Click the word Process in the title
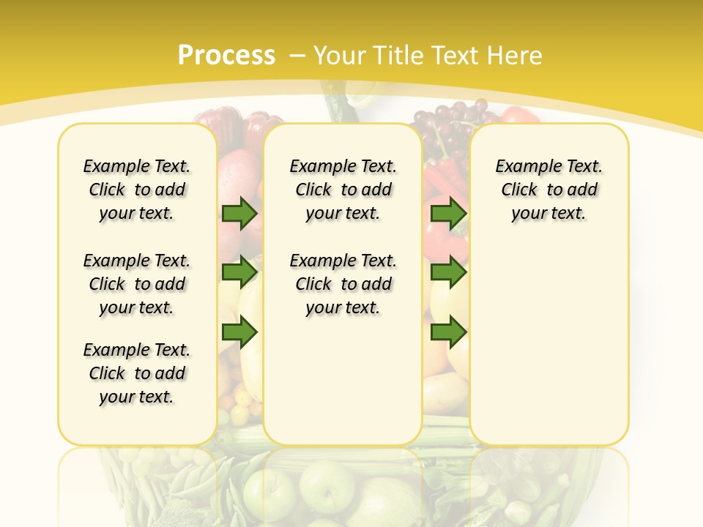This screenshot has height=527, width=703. pos(226,56)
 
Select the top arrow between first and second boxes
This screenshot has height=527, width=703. pos(239,214)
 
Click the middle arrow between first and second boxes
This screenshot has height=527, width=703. pos(239,272)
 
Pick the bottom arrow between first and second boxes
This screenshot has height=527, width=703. pos(239,332)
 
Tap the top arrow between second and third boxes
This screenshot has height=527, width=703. pos(448,214)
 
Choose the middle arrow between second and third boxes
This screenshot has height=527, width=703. pos(448,272)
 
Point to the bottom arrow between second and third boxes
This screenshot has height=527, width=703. pos(448,332)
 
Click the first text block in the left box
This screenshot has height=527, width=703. pos(137,190)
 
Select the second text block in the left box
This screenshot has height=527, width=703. pos(137,284)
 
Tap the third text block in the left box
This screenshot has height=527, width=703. pos(137,373)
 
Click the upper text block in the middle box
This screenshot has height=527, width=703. pos(343,190)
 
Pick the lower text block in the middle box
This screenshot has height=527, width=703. pos(343,284)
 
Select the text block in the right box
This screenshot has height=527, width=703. pos(549,190)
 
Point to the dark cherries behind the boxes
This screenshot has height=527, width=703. pos(450,117)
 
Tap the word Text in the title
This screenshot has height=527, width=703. pos(453,56)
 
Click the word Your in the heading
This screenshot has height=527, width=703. pos(340,56)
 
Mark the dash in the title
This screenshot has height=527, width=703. pos(298,56)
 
